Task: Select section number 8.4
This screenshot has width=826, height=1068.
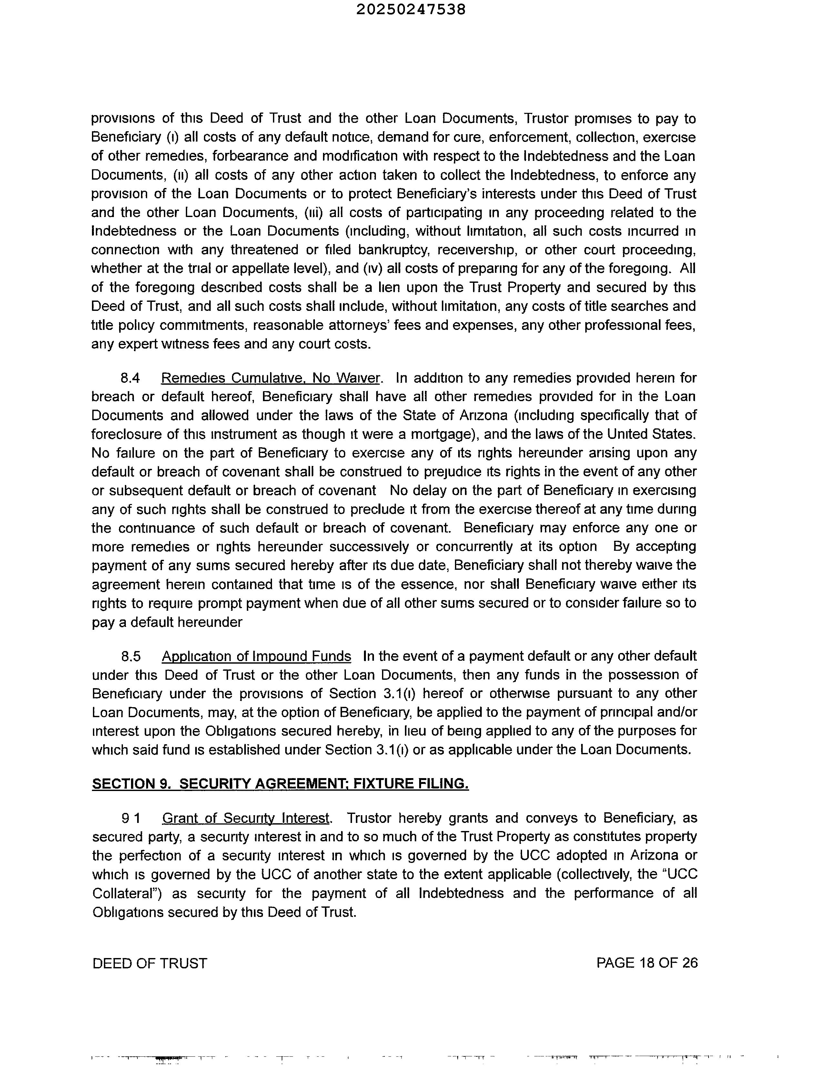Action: click(131, 378)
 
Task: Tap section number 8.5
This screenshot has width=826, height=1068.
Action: click(131, 656)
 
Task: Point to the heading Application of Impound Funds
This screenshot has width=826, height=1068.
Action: click(257, 656)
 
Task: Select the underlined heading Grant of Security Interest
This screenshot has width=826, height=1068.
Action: click(246, 818)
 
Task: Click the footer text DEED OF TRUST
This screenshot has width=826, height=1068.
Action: click(150, 963)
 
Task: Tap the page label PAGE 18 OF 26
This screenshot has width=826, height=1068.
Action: click(647, 963)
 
